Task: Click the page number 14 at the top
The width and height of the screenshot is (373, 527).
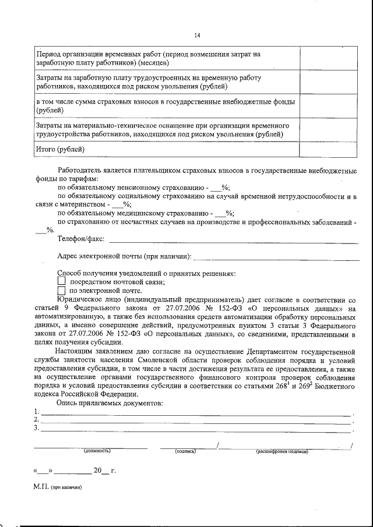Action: [197, 36]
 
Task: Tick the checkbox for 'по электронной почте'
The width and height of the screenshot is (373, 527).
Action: [61, 290]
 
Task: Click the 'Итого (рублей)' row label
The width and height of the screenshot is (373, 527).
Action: [61, 149]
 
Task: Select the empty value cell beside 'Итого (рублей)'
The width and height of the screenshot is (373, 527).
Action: [323, 149]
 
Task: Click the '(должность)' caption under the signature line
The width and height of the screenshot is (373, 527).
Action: [97, 451]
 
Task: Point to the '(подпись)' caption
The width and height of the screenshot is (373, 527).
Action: [185, 451]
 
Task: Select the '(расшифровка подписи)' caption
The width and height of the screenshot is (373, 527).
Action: [281, 451]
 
